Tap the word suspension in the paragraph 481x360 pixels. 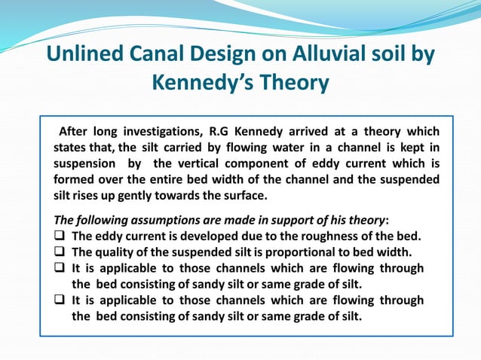[x=84, y=163]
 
